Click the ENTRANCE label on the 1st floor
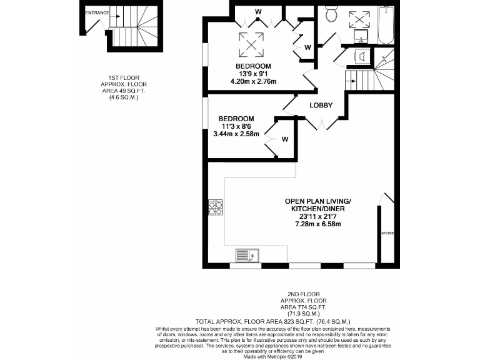97,12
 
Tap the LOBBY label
321,105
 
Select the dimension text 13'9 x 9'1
253,74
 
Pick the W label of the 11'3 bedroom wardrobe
284,139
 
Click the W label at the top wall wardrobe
258,12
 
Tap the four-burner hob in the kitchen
216,207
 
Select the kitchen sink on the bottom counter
247,256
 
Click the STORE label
387,233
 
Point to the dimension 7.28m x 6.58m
318,224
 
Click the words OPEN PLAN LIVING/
318,201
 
